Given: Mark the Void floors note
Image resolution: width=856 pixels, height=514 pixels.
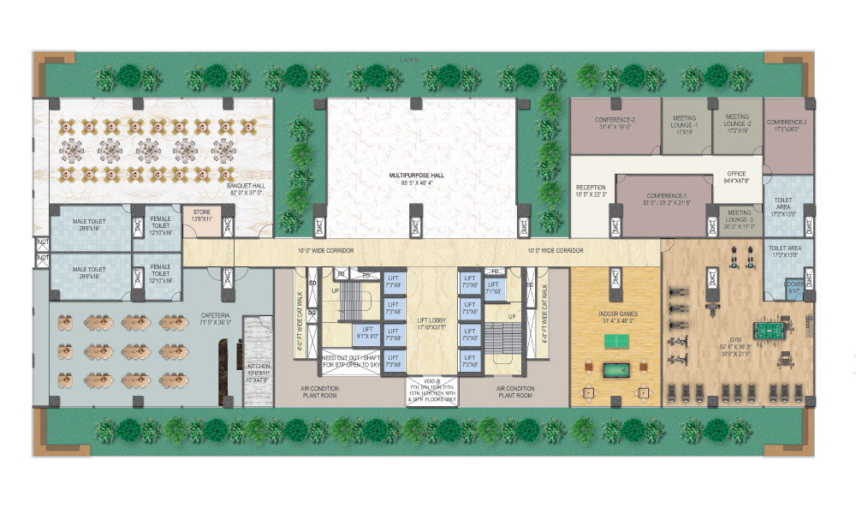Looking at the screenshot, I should [432, 391].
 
